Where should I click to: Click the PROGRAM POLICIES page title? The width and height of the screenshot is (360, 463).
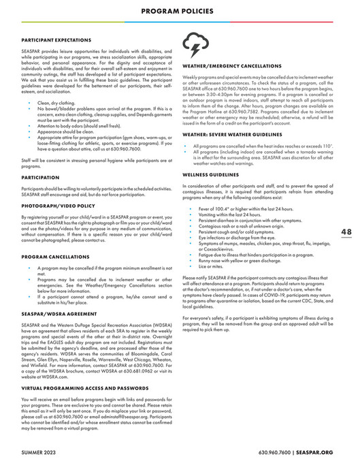(x=180, y=12)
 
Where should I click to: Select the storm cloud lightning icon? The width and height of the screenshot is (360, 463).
(x=193, y=46)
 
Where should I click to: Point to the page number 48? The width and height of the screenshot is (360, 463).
(x=346, y=212)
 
